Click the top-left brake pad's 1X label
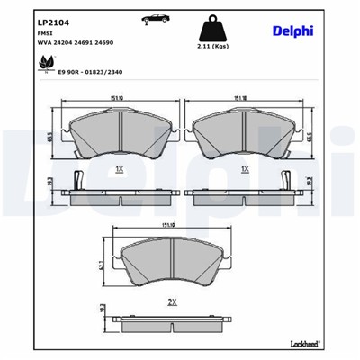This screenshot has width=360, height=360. coord(120,168)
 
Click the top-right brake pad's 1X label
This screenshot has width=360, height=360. coord(242,168)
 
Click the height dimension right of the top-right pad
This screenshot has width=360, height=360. coord(308,136)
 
